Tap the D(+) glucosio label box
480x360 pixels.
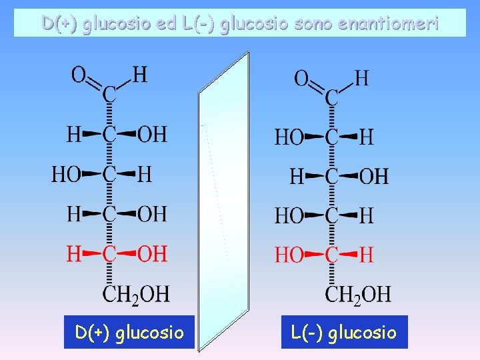[129, 332]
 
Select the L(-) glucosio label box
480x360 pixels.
[343, 332]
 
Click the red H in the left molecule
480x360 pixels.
[74, 254]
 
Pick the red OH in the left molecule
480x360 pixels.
[152, 254]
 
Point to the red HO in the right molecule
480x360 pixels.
[289, 255]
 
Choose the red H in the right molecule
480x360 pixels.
[366, 255]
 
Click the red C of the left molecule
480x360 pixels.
[109, 254]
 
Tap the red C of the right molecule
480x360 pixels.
[331, 255]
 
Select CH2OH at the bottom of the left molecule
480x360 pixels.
[136, 293]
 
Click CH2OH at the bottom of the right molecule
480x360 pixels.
[358, 294]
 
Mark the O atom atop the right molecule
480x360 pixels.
[302, 79]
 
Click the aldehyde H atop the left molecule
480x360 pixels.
[140, 75]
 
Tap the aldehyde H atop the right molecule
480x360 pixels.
[361, 79]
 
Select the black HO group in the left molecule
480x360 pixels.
[66, 175]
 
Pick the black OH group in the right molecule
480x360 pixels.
[373, 177]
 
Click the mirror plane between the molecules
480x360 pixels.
[223, 200]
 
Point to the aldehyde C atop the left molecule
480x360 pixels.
[109, 96]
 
